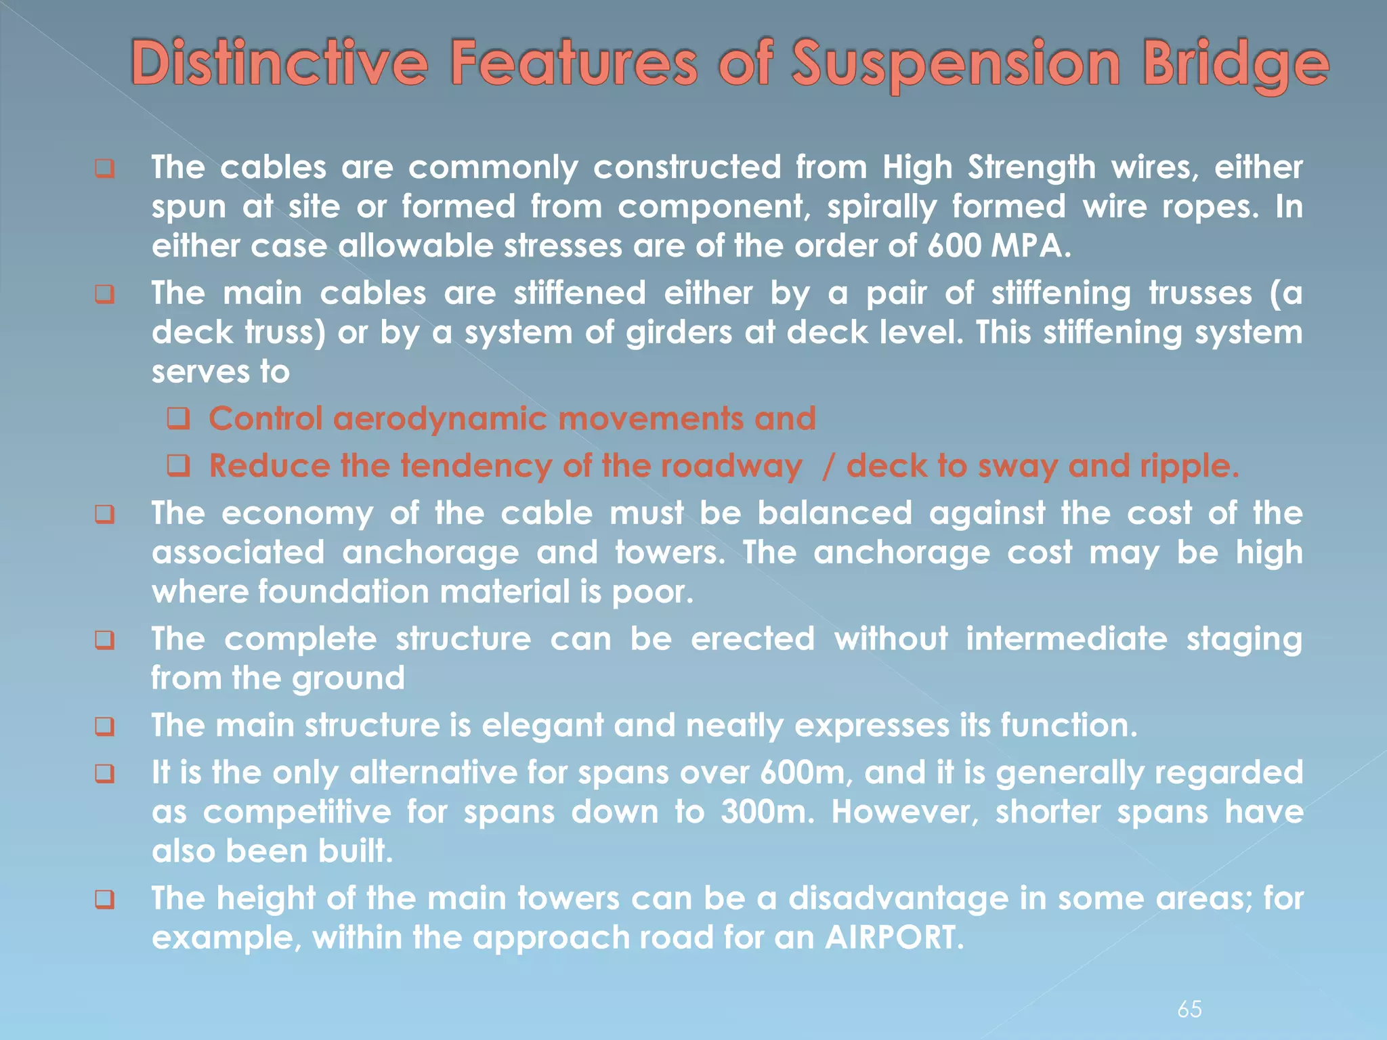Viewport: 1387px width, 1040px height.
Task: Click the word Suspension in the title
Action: click(956, 64)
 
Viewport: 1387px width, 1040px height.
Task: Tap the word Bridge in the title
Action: click(1235, 64)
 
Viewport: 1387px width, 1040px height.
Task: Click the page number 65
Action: click(1189, 1009)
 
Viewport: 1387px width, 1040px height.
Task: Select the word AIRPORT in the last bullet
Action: click(893, 938)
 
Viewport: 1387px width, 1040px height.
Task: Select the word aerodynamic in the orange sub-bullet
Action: click(440, 419)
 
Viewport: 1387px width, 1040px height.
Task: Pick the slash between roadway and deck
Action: click(827, 466)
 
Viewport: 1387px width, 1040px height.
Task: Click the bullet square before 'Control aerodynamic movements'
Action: click(178, 419)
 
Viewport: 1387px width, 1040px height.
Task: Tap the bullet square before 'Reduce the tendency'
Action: click(178, 466)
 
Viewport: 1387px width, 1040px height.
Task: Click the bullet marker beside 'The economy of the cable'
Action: click(104, 514)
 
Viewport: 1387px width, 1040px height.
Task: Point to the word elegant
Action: click(542, 726)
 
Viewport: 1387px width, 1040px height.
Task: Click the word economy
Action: click(297, 513)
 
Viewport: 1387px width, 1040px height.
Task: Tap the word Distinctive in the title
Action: click(279, 64)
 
